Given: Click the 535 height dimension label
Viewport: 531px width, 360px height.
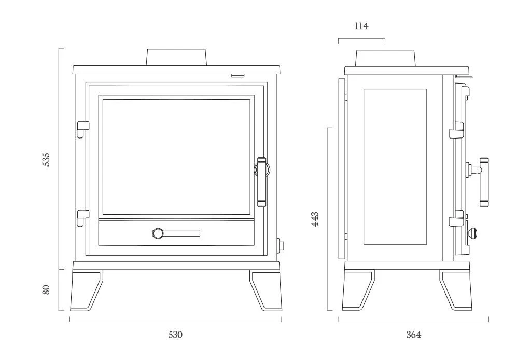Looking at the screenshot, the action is point(46,160).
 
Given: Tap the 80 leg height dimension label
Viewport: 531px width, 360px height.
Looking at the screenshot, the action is point(46,290).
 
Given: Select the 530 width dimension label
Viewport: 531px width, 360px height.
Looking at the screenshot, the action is point(175,335).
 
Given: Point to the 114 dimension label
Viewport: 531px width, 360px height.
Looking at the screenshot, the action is point(361,26).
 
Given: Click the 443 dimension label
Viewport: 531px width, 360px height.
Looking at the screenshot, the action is point(315,219).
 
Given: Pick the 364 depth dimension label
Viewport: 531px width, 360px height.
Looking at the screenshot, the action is point(413,335).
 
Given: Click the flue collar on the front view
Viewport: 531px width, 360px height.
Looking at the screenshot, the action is point(176,57).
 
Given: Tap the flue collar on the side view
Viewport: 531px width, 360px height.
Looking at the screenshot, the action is point(385,58).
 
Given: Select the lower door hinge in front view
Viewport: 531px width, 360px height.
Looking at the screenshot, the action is point(82,217).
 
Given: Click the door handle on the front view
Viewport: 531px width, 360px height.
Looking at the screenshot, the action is point(262,182).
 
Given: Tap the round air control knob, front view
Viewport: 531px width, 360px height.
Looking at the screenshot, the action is point(158,233).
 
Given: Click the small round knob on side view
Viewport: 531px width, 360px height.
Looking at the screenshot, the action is point(472,233).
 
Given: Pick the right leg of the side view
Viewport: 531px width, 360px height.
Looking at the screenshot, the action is point(455,290).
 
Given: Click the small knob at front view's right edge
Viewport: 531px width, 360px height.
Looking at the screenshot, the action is point(281,245).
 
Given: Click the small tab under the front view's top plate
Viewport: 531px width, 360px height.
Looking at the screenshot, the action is point(238,76).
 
